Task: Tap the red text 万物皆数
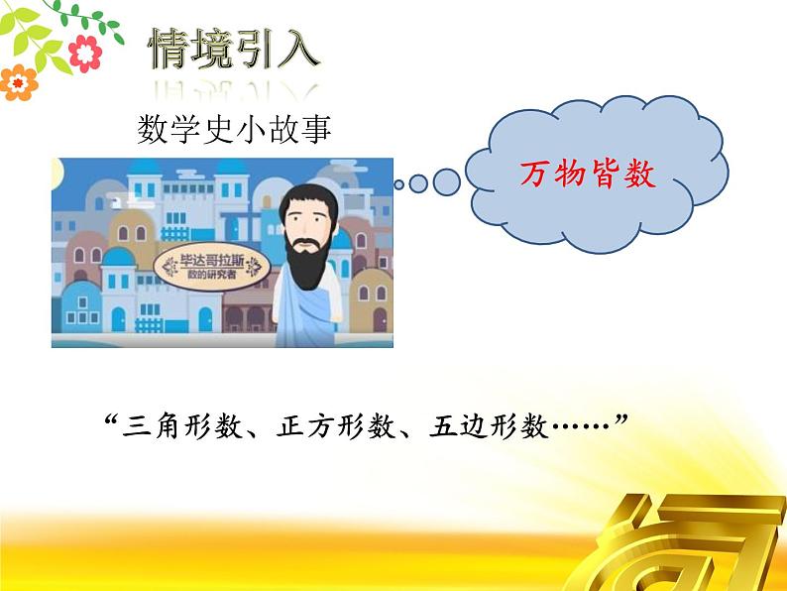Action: click(x=588, y=176)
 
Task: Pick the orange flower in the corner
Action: click(x=17, y=82)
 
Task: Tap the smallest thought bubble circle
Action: click(x=398, y=183)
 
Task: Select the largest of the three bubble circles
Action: click(x=446, y=181)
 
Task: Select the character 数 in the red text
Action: click(x=639, y=176)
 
